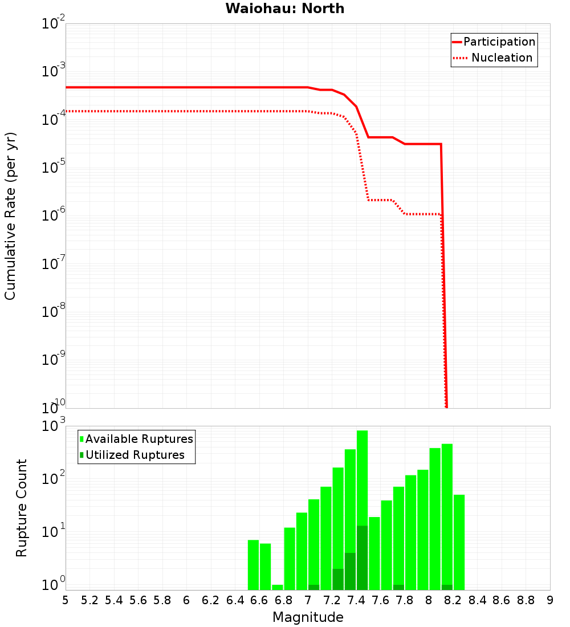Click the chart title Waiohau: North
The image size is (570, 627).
click(x=284, y=9)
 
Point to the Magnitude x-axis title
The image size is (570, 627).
click(x=308, y=617)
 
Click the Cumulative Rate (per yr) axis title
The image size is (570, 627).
click(x=10, y=216)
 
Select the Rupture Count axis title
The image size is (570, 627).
click(x=22, y=508)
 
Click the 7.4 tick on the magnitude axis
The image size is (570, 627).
click(x=356, y=600)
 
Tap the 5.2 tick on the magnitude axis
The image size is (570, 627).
click(x=90, y=600)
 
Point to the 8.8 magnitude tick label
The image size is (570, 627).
click(x=526, y=600)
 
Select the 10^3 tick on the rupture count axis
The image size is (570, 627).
click(x=54, y=426)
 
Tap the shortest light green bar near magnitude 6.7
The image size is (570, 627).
click(x=278, y=587)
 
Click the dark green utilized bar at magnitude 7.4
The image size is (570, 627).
click(x=362, y=559)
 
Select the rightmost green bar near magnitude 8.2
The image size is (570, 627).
click(x=459, y=541)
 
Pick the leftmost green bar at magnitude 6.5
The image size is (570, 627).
click(x=253, y=564)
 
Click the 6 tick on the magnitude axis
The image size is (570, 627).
click(x=186, y=600)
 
